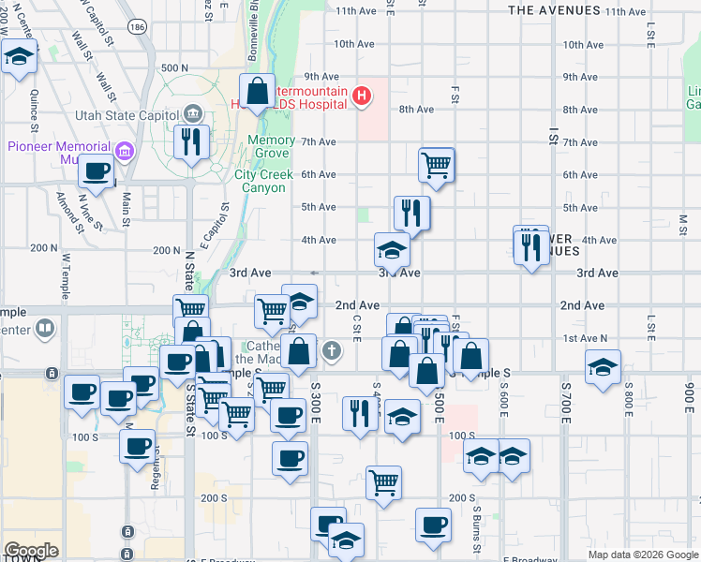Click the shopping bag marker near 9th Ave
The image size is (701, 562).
pyautogui.click(x=258, y=92)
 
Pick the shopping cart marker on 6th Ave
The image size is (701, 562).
pyautogui.click(x=437, y=165)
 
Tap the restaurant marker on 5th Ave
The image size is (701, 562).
pyautogui.click(x=411, y=213)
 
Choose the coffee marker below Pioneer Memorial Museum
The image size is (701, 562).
pyautogui.click(x=97, y=172)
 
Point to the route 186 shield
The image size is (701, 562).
pyautogui.click(x=138, y=29)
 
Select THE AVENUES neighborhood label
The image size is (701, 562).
pyautogui.click(x=553, y=10)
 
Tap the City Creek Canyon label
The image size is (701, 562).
pyautogui.click(x=260, y=181)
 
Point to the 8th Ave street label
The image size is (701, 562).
pyautogui.click(x=416, y=110)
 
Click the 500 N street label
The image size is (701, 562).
pyautogui.click(x=174, y=68)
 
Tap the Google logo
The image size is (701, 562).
pyautogui.click(x=31, y=551)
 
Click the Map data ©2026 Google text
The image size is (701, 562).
pyautogui.click(x=643, y=555)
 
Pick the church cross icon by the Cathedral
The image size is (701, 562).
pyautogui.click(x=330, y=351)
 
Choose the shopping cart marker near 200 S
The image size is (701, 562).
pyautogui.click(x=383, y=482)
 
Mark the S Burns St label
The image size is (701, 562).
pyautogui.click(x=477, y=525)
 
